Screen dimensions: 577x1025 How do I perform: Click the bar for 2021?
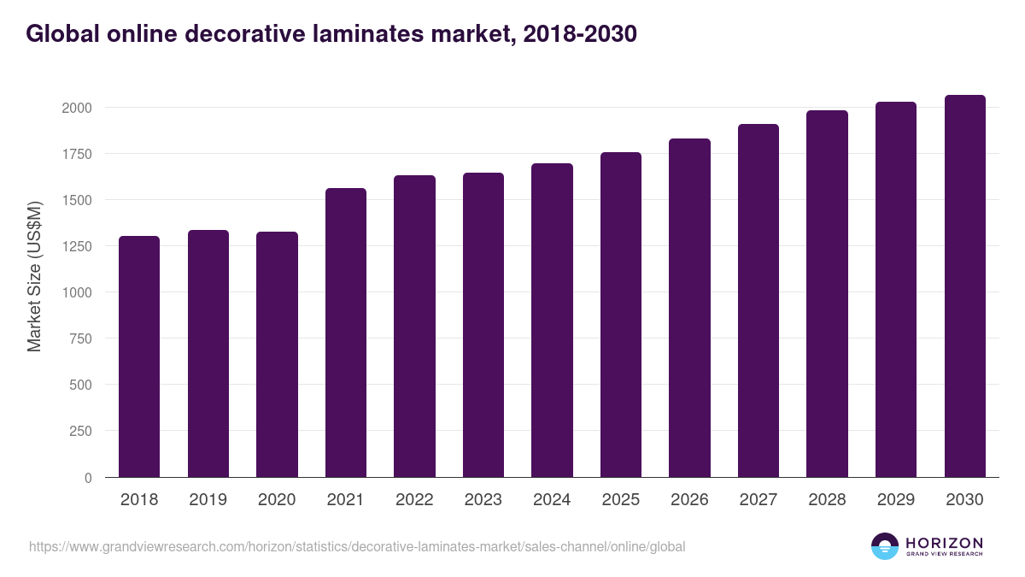point(346,333)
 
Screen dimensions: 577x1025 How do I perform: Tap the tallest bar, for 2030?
point(964,286)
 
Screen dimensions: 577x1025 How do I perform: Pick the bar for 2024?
point(552,321)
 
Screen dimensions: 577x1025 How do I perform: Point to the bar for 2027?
point(758,301)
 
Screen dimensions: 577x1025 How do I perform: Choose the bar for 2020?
point(277,355)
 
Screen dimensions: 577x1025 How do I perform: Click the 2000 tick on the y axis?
point(76,108)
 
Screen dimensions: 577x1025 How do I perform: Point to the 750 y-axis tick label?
point(80,339)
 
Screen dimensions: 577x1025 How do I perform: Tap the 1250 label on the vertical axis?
point(76,246)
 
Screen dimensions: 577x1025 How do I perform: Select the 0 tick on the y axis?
point(88,478)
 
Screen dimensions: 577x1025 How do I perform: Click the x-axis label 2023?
point(483,500)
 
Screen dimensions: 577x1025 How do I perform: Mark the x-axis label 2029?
point(896,500)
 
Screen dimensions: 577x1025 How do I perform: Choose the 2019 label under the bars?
point(208,500)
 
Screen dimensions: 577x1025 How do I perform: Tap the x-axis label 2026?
point(689,500)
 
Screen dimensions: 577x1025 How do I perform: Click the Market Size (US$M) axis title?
point(34,275)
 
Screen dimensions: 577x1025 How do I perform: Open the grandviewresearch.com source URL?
point(357,546)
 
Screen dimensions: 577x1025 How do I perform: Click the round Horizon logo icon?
point(885,546)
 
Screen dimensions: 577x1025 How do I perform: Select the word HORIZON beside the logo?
point(945,542)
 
